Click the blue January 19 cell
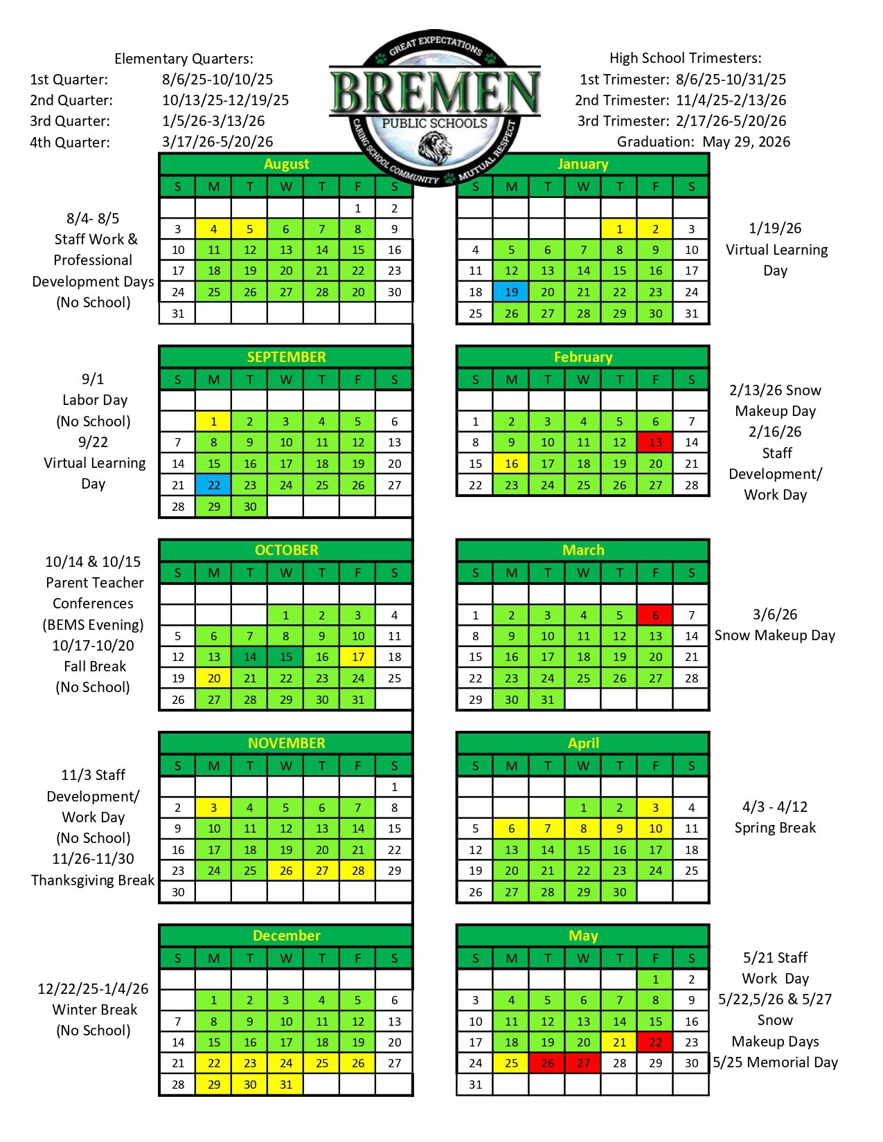click(511, 292)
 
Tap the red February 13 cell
click(655, 442)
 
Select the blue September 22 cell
click(214, 485)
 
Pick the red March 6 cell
click(655, 615)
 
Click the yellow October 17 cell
click(358, 657)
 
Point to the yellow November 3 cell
click(214, 808)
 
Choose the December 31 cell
click(286, 1085)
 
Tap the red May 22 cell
click(655, 1042)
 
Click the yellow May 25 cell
click(511, 1063)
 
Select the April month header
click(583, 743)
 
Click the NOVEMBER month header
click(286, 743)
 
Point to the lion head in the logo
click(435, 145)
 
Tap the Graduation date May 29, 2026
click(746, 142)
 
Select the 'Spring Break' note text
click(775, 828)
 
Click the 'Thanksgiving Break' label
click(93, 880)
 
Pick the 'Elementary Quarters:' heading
click(184, 59)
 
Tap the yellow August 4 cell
click(214, 229)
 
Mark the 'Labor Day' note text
click(95, 400)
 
